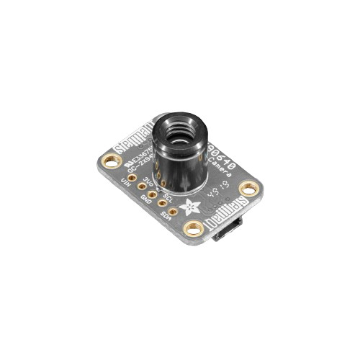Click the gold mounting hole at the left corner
click(x=110, y=161)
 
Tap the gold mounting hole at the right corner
click(x=248, y=189)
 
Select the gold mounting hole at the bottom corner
click(x=193, y=229)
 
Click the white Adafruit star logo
click(x=191, y=207)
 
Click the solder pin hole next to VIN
click(x=132, y=176)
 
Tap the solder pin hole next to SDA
click(x=163, y=204)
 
